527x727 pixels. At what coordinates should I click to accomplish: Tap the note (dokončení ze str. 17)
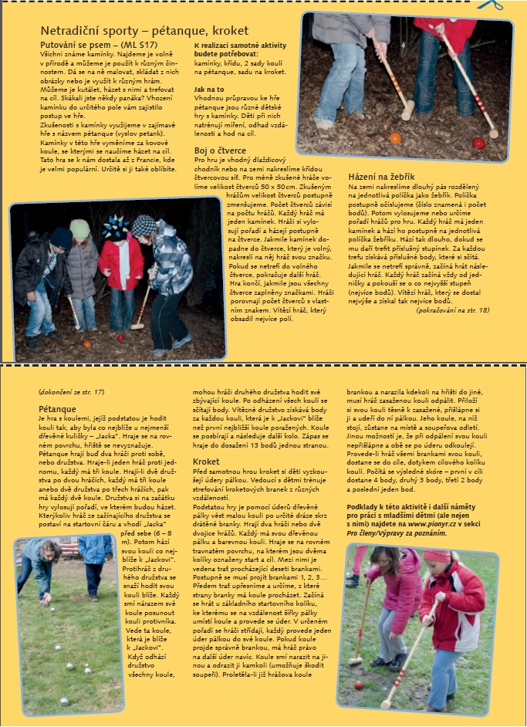[71, 392]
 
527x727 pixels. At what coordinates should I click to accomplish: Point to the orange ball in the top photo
[395, 138]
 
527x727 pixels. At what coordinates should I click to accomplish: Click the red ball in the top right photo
[478, 143]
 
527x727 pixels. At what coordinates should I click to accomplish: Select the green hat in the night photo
[80, 228]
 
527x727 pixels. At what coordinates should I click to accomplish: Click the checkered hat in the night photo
[143, 225]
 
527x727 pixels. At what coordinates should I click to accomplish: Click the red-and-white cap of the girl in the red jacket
[437, 556]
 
